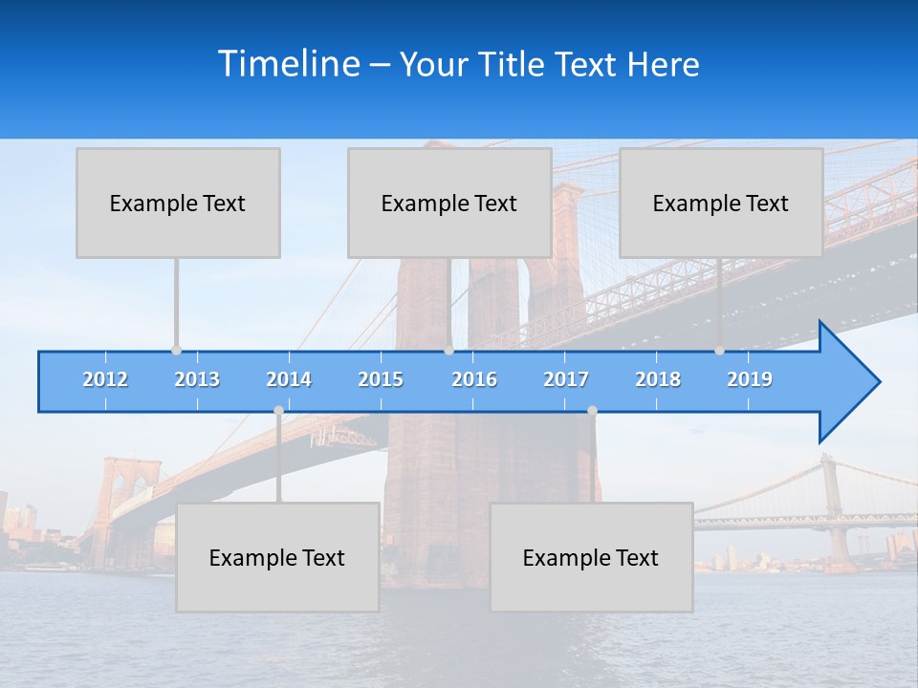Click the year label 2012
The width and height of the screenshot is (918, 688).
click(x=105, y=379)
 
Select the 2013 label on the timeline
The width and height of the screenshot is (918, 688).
click(x=197, y=379)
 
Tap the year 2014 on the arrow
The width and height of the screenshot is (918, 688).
click(x=289, y=379)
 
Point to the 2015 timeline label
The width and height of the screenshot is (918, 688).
click(x=381, y=379)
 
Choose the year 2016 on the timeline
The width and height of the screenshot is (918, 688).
click(x=474, y=379)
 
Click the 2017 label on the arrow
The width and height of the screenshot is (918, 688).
click(x=566, y=379)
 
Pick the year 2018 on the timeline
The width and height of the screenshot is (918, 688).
click(x=658, y=379)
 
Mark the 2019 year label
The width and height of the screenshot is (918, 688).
click(x=750, y=379)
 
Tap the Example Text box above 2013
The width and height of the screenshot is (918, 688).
click(x=178, y=203)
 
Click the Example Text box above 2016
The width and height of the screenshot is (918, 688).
click(x=449, y=203)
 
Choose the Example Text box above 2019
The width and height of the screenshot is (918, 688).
click(x=721, y=203)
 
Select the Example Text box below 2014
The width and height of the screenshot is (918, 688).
click(x=277, y=557)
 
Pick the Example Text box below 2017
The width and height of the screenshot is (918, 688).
click(x=591, y=557)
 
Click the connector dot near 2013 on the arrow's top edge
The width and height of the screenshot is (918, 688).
click(x=176, y=351)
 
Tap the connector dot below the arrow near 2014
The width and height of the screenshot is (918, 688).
click(x=278, y=411)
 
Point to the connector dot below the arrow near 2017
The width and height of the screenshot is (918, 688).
click(x=592, y=411)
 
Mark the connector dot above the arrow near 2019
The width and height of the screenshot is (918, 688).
click(x=719, y=351)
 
